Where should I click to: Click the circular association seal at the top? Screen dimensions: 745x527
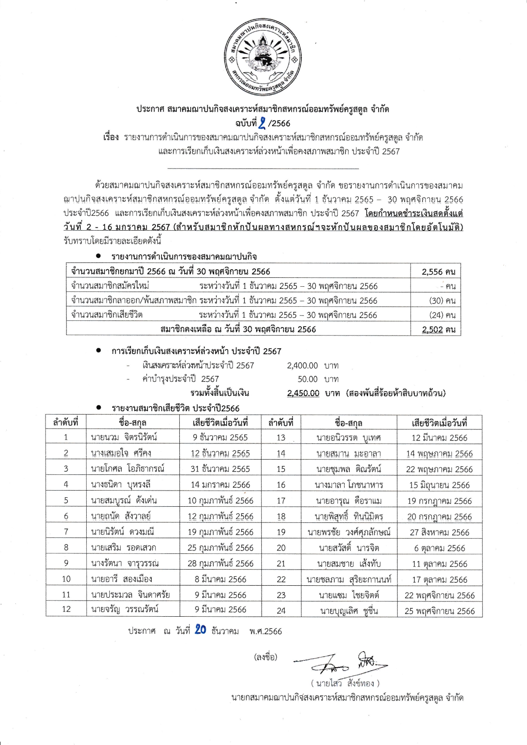point(263,56)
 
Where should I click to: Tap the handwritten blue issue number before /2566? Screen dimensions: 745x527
point(262,123)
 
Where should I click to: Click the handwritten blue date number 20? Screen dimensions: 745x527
point(200,629)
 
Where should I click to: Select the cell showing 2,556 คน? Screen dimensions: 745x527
point(438,272)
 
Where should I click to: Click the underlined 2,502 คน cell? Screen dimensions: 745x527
point(438,330)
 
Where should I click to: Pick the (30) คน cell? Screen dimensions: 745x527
point(442,301)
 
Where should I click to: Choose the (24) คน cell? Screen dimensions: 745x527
point(442,315)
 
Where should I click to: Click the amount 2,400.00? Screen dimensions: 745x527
point(302,366)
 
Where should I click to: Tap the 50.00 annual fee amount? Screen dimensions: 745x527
point(308,379)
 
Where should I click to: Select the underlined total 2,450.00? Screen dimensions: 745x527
point(303,393)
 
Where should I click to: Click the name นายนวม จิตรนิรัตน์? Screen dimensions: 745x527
point(124,437)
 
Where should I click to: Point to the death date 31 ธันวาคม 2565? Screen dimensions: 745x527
point(220,469)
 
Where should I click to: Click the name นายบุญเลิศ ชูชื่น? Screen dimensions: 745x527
point(349,611)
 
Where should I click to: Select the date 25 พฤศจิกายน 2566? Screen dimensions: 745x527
point(439,611)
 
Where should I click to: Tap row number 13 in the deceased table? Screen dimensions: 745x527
point(281,437)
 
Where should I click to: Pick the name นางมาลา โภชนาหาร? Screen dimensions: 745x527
point(349,485)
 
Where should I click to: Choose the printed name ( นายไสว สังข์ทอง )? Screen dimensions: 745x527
point(345,683)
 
